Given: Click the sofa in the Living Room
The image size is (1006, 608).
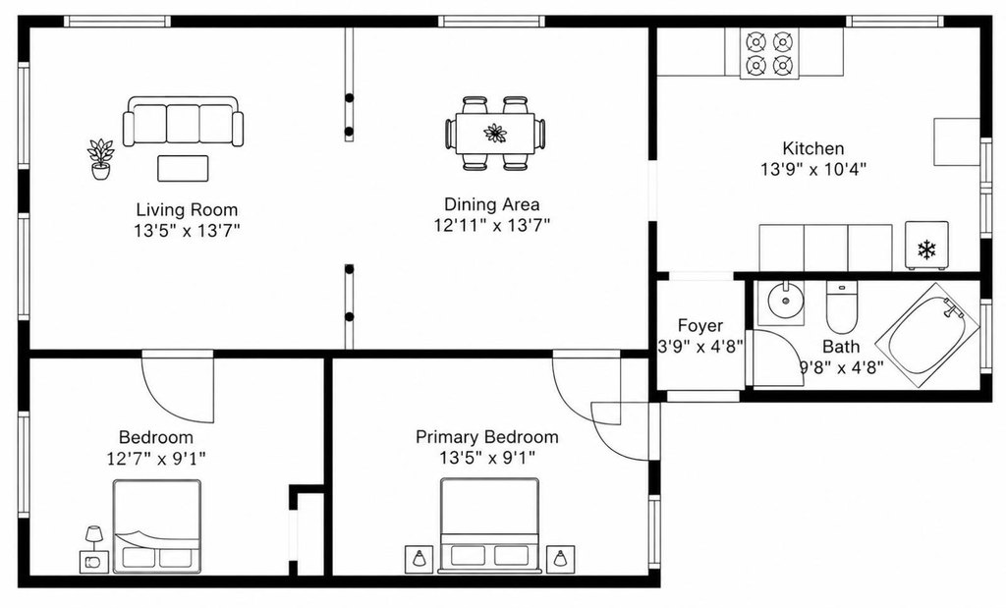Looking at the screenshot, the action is (184, 122).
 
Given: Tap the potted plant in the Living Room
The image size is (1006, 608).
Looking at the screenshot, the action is (101, 159).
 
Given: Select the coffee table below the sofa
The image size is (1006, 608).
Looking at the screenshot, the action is (183, 169).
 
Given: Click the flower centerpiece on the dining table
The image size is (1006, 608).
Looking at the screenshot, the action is (495, 134).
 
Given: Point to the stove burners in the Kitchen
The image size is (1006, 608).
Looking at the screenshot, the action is (769, 54).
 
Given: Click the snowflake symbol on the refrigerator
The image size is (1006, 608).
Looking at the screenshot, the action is (926, 249).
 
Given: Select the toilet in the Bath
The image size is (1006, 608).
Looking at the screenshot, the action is (842, 306).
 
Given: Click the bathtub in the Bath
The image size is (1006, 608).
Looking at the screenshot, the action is (928, 335).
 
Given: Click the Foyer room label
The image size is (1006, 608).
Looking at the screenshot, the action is (699, 326).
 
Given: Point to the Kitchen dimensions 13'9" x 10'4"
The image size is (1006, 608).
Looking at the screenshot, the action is (813, 170).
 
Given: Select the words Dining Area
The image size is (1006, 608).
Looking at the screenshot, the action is (491, 204).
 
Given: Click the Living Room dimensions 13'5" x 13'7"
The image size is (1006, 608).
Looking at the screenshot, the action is (187, 230).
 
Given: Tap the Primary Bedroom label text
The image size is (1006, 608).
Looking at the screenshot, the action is (487, 437).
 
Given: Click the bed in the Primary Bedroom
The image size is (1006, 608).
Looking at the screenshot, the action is (488, 525).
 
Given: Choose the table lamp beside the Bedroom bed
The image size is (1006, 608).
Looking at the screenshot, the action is (94, 537).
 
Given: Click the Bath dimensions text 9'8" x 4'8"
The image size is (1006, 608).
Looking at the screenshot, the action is (841, 367).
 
